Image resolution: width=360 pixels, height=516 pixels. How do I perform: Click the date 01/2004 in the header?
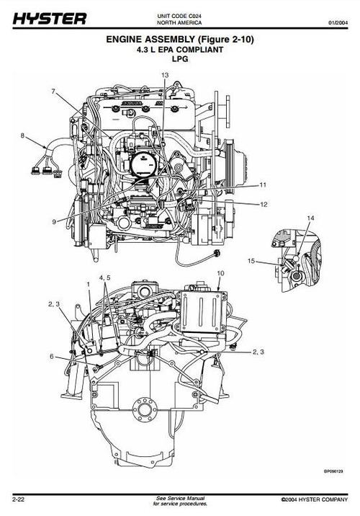click(x=338, y=23)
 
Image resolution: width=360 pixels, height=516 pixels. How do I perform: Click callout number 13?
click(x=165, y=75)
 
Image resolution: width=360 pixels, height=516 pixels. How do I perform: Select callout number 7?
click(x=53, y=92)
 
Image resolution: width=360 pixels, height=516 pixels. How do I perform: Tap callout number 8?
click(x=22, y=135)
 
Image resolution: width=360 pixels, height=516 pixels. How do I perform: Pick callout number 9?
click(x=53, y=221)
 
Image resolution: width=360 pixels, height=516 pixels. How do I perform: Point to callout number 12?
click(x=264, y=205)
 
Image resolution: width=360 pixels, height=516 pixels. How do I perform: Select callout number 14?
click(x=310, y=217)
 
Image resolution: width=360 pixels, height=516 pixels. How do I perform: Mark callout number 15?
click(x=252, y=260)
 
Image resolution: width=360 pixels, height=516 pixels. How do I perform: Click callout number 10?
click(x=220, y=274)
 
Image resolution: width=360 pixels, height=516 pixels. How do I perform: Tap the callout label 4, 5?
click(x=105, y=277)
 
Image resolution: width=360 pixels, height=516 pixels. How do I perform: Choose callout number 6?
click(x=51, y=357)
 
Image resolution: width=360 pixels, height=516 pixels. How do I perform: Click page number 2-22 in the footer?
click(x=19, y=499)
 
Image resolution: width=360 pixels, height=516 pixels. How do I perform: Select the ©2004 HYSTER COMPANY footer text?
click(x=314, y=499)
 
